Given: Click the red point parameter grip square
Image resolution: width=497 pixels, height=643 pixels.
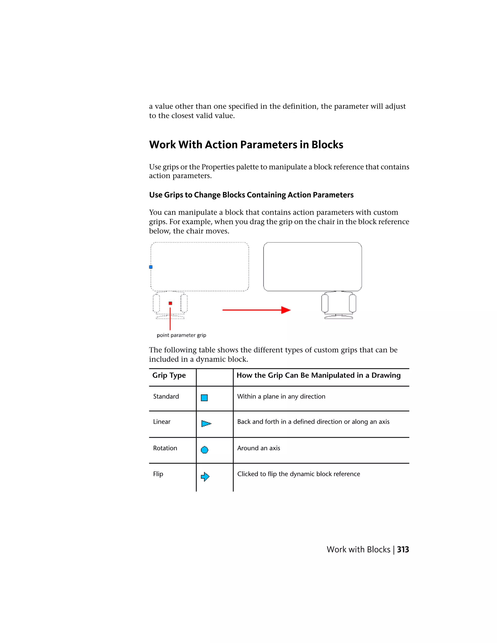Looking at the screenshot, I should (170, 303).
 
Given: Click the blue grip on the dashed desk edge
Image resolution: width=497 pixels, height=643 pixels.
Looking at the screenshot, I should (151, 267).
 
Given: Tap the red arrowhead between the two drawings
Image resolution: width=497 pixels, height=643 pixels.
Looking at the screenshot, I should (285, 310).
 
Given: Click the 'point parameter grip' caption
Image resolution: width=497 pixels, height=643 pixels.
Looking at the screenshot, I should (181, 335).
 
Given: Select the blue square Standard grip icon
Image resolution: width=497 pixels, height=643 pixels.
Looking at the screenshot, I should (204, 398).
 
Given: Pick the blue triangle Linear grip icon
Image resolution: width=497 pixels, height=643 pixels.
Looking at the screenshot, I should (206, 424).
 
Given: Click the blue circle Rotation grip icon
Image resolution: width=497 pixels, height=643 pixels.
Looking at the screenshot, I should (204, 450).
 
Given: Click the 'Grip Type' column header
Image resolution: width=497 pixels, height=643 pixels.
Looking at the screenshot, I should (169, 375).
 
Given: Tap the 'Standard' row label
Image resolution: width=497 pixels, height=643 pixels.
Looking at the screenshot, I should (166, 396).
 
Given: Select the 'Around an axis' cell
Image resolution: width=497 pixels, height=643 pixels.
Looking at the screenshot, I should (258, 448).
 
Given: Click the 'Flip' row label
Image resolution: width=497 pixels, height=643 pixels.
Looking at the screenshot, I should (158, 474).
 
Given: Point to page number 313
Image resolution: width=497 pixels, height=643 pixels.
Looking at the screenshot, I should (403, 550).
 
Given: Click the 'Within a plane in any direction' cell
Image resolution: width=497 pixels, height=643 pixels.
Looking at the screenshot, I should (281, 396).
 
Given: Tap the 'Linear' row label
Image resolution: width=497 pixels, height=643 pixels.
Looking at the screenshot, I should (162, 422).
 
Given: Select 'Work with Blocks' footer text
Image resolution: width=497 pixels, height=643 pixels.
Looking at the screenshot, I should (358, 550).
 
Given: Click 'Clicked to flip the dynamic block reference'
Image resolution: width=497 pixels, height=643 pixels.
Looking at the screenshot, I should (298, 474).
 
